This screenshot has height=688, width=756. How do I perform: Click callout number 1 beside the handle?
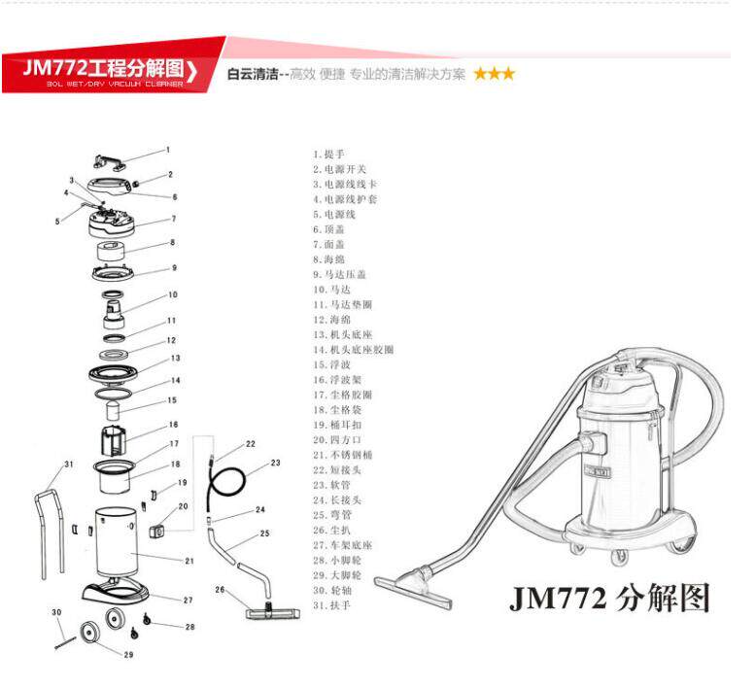[167, 150]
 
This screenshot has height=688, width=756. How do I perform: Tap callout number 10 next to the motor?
[173, 294]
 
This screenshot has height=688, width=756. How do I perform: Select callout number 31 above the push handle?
[68, 464]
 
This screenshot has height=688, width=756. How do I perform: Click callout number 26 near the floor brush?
[220, 589]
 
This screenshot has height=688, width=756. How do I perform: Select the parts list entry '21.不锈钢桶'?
[343, 455]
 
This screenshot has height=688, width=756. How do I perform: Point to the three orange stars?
[495, 74]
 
